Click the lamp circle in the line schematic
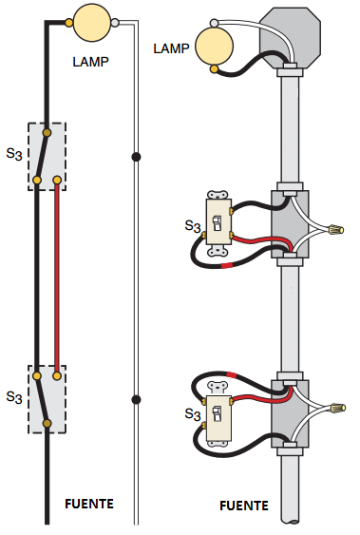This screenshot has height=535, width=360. [92, 23]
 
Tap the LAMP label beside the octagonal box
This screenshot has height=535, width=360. [171, 48]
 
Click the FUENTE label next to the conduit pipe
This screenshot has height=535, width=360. [244, 506]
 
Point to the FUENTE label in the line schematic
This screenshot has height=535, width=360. [89, 504]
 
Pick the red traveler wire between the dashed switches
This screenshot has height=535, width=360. [57, 278]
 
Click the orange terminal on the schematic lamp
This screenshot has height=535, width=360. [68, 23]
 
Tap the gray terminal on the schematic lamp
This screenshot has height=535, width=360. [115, 23]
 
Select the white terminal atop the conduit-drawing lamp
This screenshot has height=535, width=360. [214, 23]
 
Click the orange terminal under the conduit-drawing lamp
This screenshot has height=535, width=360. [214, 69]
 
